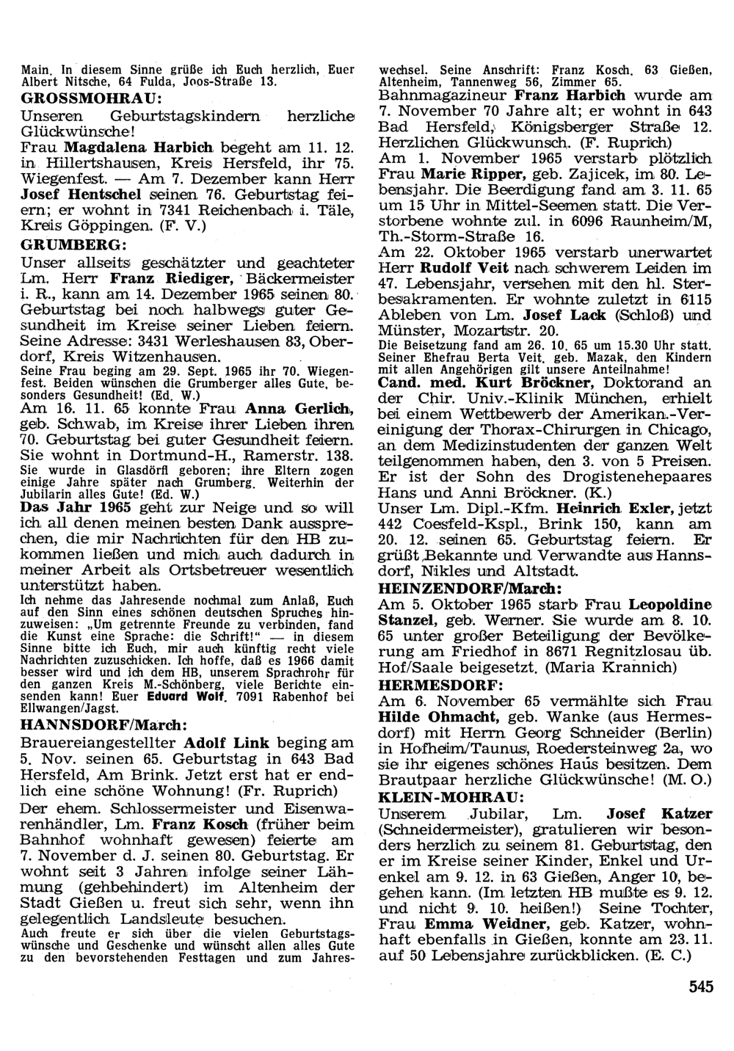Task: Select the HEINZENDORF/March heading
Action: click(470, 588)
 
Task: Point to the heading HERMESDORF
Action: click(440, 684)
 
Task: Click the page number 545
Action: click(701, 986)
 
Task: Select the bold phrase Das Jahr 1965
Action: click(76, 506)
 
